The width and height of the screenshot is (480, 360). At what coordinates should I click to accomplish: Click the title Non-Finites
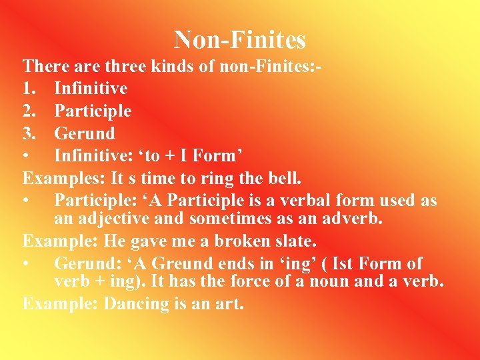point(240,40)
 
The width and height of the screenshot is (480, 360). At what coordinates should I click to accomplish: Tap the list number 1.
point(29,89)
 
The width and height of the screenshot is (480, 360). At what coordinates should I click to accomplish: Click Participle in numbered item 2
point(93,111)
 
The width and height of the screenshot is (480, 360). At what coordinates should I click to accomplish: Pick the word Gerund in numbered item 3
point(85,133)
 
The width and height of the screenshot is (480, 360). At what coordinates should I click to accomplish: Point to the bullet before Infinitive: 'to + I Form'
point(27,156)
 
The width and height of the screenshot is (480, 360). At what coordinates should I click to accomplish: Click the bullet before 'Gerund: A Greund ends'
point(27,264)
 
